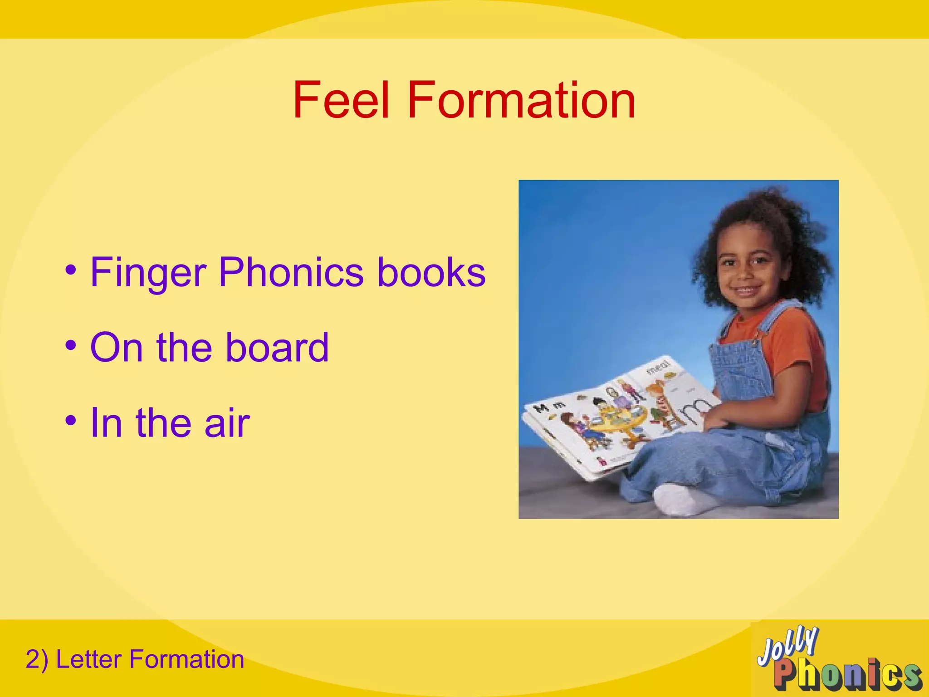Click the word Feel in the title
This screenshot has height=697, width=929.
[x=341, y=100]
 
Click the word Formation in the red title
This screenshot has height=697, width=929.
[x=521, y=100]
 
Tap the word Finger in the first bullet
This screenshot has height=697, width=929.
[x=149, y=273]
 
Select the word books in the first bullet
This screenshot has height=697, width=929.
[x=431, y=272]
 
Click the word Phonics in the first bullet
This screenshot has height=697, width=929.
[x=291, y=272]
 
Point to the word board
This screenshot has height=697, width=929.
[x=277, y=348]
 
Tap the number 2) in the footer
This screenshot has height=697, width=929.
[x=37, y=659]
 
